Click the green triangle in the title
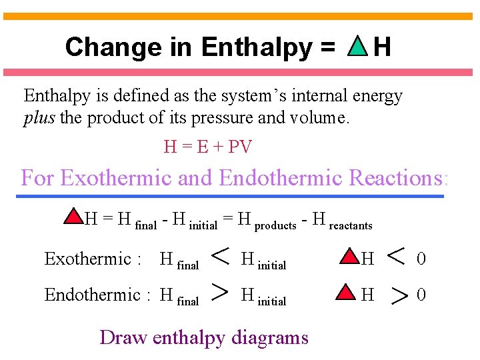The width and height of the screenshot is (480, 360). [x=358, y=47]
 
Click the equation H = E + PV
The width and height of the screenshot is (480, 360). [x=207, y=147]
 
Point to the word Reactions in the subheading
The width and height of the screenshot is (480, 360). [x=398, y=178]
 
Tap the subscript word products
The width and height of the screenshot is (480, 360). [x=275, y=226]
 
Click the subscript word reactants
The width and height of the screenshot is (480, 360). [x=351, y=226]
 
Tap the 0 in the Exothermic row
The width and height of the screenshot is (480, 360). [x=421, y=259]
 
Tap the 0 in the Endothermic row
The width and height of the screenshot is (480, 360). [x=421, y=295]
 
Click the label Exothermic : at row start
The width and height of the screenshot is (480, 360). [x=92, y=259]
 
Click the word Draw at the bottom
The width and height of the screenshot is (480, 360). [x=123, y=337]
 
